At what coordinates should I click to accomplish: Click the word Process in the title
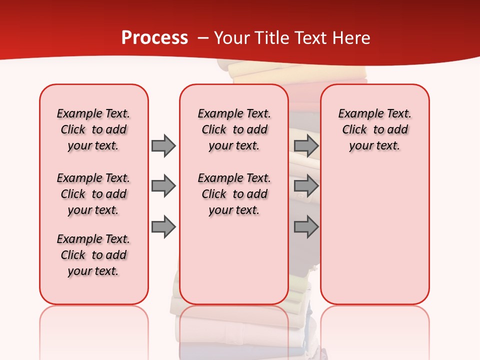(x=154, y=38)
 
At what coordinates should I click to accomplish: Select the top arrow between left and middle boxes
(x=163, y=145)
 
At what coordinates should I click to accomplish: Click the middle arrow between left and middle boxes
(x=163, y=186)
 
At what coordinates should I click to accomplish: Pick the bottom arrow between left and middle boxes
(x=163, y=227)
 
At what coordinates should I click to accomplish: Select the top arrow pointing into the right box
(x=306, y=145)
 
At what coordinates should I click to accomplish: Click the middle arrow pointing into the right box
(x=306, y=186)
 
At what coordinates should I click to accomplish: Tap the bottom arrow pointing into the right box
(x=306, y=227)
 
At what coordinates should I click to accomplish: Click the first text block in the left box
(x=93, y=129)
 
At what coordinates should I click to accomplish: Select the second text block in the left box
(x=93, y=194)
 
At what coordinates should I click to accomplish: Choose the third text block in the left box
(x=93, y=255)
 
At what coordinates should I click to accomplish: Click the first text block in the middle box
(x=234, y=129)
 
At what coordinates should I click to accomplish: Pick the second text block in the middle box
(x=234, y=194)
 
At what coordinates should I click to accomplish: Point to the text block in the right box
(x=374, y=129)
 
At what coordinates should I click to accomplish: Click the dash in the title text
(x=203, y=38)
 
